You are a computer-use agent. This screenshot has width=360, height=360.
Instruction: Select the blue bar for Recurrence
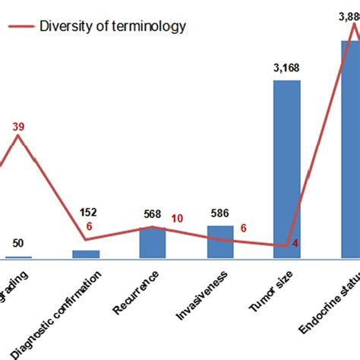pyautogui.click(x=152, y=243)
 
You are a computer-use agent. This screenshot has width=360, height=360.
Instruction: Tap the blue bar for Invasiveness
pyautogui.click(x=220, y=242)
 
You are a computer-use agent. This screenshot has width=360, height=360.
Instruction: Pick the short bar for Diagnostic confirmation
pyautogui.click(x=85, y=254)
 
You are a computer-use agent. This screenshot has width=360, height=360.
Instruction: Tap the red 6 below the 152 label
pyautogui.click(x=90, y=226)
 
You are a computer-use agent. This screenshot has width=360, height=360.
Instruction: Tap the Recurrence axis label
pyautogui.click(x=140, y=302)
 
